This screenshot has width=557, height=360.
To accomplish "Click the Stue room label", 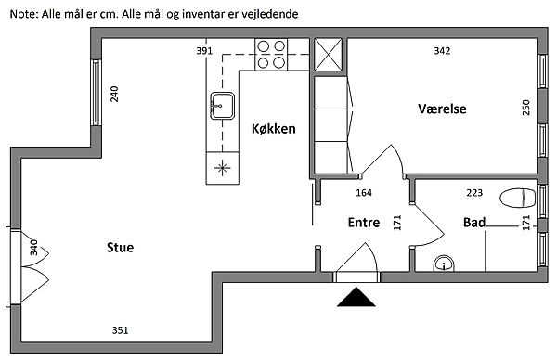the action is (120, 247).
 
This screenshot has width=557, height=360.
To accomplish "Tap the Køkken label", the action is (274, 129).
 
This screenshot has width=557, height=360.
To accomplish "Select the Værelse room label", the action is (442, 109).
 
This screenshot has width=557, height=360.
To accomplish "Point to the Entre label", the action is (364, 223).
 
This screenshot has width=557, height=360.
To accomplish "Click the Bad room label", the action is (474, 223).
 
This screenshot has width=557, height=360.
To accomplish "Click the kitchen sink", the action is (223, 106).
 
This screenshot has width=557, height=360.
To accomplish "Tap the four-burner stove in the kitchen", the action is (271, 55).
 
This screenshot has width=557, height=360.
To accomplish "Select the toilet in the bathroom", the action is (517, 198).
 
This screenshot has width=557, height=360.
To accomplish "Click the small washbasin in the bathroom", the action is (444, 264).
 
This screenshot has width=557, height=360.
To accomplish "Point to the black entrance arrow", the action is (356, 297).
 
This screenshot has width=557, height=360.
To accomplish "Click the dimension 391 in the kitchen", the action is (204, 51).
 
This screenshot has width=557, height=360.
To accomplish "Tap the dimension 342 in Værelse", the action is (442, 51).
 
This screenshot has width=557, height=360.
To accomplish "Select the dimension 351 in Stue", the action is (120, 330).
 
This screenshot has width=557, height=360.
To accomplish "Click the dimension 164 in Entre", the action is (364, 193).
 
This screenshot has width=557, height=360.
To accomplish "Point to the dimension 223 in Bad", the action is (474, 193).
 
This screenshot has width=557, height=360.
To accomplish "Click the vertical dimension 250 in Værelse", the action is (526, 108).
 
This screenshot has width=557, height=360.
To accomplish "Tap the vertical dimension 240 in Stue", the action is (114, 94).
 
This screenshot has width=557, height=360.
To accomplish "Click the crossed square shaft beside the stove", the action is (329, 55).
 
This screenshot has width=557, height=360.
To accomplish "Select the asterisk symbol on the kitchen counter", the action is (222, 168).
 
